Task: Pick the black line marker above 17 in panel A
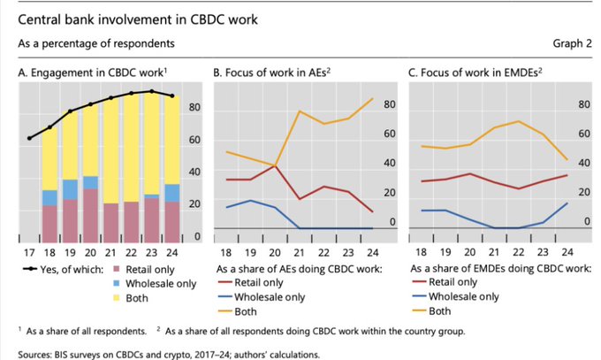tap(30, 138)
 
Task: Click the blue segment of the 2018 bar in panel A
tap(49, 197)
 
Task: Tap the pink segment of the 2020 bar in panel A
tap(90, 212)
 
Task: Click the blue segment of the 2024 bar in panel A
tap(171, 192)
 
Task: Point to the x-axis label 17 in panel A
tap(30, 251)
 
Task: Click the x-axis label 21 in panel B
tap(297, 251)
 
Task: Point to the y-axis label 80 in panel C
tap(583, 105)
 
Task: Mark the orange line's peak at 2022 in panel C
tap(517, 121)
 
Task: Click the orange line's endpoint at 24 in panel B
tap(371, 99)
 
